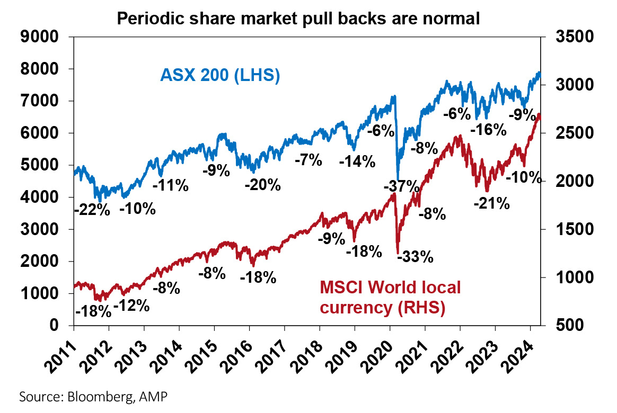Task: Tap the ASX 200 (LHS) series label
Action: pos(220,75)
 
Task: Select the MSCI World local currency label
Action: pos(390,298)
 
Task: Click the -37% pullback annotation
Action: pos(401,186)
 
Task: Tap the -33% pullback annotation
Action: pos(416,258)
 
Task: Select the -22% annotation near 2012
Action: pos(92,210)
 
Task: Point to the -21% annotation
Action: pos(491,203)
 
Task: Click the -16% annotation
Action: pos(488,130)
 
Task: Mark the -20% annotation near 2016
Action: pos(263,185)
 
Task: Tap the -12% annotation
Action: pos(131,306)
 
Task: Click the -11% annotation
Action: pos(171,185)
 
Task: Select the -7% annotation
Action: pos(309,160)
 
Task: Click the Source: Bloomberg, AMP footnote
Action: pos(96,396)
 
